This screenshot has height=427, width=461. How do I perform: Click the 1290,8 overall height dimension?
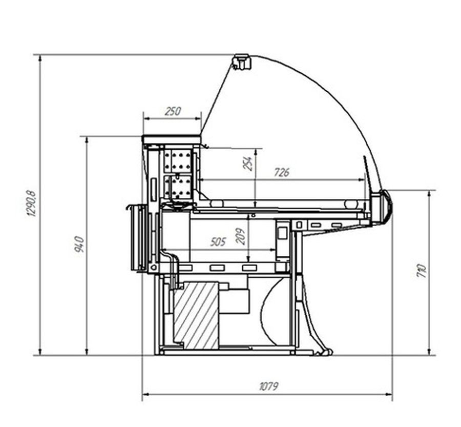(31, 204)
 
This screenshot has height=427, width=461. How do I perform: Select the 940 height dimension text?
(79, 244)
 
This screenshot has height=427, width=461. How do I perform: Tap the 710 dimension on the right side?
(421, 271)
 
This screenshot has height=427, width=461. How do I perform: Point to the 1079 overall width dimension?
(268, 386)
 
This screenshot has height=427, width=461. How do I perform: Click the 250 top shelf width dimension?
(173, 112)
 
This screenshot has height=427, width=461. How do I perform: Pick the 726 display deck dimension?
(282, 172)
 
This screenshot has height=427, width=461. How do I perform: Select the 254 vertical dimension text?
(247, 164)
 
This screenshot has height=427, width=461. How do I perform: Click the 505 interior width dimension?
(218, 241)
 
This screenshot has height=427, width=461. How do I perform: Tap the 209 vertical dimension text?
(241, 236)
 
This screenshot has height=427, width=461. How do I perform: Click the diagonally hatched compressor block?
(196, 315)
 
